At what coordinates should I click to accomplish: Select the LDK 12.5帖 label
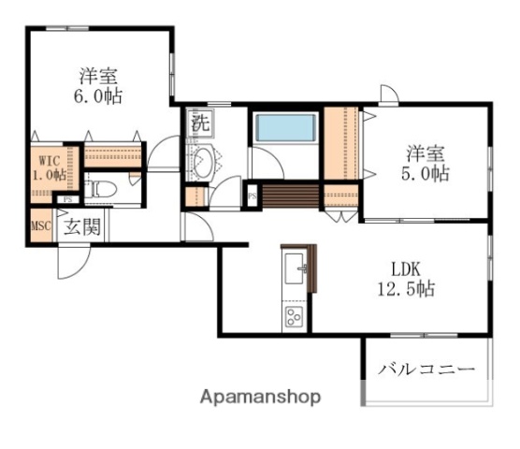tap(411, 277)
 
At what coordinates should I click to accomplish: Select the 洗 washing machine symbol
tap(200, 121)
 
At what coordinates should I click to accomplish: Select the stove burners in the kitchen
tap(294, 315)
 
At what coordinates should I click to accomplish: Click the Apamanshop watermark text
tap(260, 397)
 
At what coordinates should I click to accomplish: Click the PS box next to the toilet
tap(67, 199)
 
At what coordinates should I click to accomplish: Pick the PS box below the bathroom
tap(253, 195)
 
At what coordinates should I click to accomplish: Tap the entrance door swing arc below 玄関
tap(71, 262)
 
